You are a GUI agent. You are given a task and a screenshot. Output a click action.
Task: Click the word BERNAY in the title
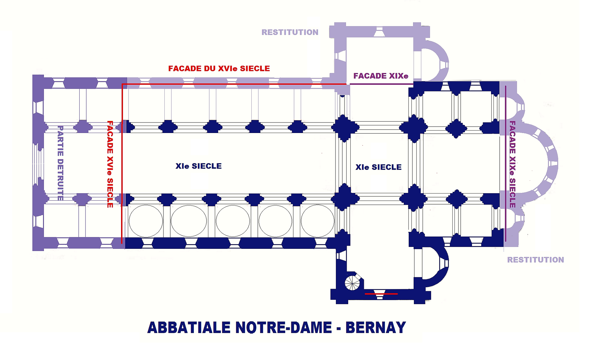pyautogui.click(x=376, y=327)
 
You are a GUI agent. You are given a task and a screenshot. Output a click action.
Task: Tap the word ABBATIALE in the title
pyautogui.click(x=189, y=327)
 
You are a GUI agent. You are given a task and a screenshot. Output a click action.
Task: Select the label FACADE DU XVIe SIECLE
pyautogui.click(x=219, y=68)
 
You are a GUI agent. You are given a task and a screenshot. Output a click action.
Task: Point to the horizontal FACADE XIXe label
pyautogui.click(x=381, y=76)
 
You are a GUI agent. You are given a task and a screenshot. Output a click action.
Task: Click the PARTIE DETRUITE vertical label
pyautogui.click(x=61, y=163)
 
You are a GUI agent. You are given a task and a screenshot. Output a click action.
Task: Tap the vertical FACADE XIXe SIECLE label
pyautogui.click(x=512, y=164)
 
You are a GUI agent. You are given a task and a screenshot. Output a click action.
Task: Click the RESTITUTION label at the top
pyautogui.click(x=290, y=32)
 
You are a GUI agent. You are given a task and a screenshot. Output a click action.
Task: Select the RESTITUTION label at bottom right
pyautogui.click(x=535, y=260)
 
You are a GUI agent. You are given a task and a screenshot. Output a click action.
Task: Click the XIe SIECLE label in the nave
pyautogui.click(x=199, y=166)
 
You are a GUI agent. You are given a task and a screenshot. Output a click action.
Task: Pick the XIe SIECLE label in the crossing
pyautogui.click(x=378, y=167)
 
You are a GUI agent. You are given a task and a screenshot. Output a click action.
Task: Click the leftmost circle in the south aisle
pyautogui.click(x=146, y=221)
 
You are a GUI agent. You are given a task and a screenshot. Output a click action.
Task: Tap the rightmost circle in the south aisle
pyautogui.click(x=317, y=221)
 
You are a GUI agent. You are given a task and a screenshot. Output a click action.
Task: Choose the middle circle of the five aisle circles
pyautogui.click(x=233, y=221)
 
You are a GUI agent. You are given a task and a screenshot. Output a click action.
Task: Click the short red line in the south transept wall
pyautogui.click(x=381, y=294)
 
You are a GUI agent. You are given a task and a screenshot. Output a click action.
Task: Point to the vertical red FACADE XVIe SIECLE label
pyautogui.click(x=110, y=164)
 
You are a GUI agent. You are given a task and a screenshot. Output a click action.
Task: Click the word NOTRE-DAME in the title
pyautogui.click(x=283, y=327)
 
